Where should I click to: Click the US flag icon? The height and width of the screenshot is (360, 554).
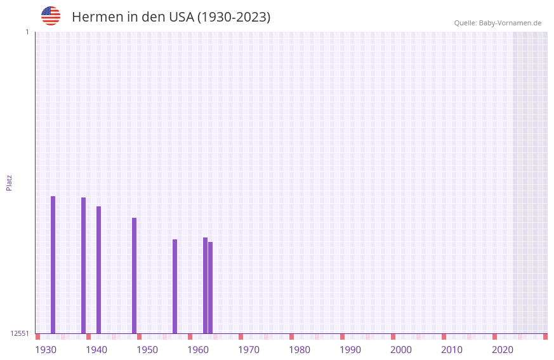51,16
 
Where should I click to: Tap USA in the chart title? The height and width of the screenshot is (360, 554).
181,17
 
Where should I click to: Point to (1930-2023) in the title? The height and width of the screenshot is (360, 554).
234,17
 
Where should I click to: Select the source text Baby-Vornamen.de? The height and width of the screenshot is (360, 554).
510,23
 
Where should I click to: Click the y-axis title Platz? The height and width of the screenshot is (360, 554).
9,182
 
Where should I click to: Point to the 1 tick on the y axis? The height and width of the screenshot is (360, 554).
27,32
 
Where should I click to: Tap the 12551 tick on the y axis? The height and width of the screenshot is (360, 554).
20,333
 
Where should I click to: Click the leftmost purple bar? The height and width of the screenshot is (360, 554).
53,265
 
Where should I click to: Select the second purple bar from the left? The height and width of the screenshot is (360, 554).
83,265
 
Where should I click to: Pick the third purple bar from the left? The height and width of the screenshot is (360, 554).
98,270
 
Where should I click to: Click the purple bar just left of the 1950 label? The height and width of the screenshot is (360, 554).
134,276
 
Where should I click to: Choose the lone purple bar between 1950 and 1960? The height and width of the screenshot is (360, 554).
175,286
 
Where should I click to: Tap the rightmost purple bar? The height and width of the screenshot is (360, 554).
210,288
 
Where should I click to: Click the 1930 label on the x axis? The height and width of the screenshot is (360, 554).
46,350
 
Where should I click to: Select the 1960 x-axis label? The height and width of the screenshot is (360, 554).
198,350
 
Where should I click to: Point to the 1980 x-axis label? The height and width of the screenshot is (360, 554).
300,350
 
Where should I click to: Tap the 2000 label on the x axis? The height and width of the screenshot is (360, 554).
401,350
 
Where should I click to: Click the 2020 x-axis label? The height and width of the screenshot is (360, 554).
503,350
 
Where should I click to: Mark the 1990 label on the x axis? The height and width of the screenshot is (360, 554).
350,350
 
